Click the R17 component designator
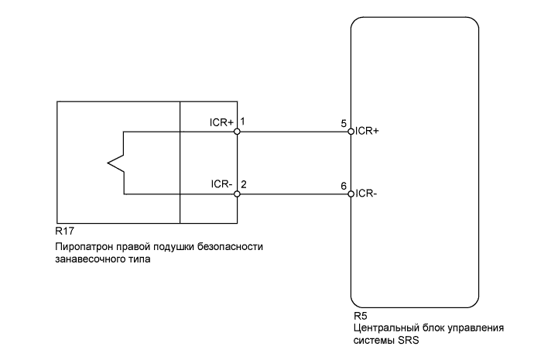tap(64, 231)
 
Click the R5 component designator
tap(359, 317)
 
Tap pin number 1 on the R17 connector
tap(243, 122)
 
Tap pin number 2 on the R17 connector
tap(244, 185)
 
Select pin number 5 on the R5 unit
tap(343, 122)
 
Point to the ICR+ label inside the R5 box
tap(367, 131)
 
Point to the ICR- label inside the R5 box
tap(366, 194)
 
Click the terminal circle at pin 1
tap(238, 131)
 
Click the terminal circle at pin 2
tap(238, 194)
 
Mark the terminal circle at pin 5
tap(351, 131)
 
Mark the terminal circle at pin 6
tap(351, 194)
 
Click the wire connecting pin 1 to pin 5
tap(294, 131)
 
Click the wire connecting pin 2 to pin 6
tap(294, 194)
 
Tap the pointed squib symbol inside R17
tap(112, 163)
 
